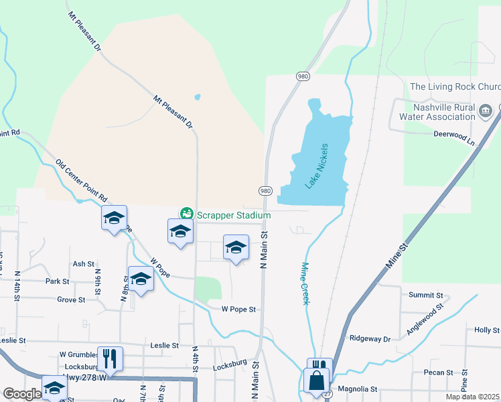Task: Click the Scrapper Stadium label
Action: coord(233,215)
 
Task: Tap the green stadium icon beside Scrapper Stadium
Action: coord(187,214)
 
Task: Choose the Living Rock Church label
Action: coord(455,86)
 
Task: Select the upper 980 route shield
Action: coord(303,76)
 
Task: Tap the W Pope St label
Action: coord(240,310)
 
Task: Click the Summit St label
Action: coord(427,295)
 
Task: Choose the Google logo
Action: coord(21,394)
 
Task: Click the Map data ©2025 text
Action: coord(472,397)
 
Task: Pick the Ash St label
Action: coord(84,264)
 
